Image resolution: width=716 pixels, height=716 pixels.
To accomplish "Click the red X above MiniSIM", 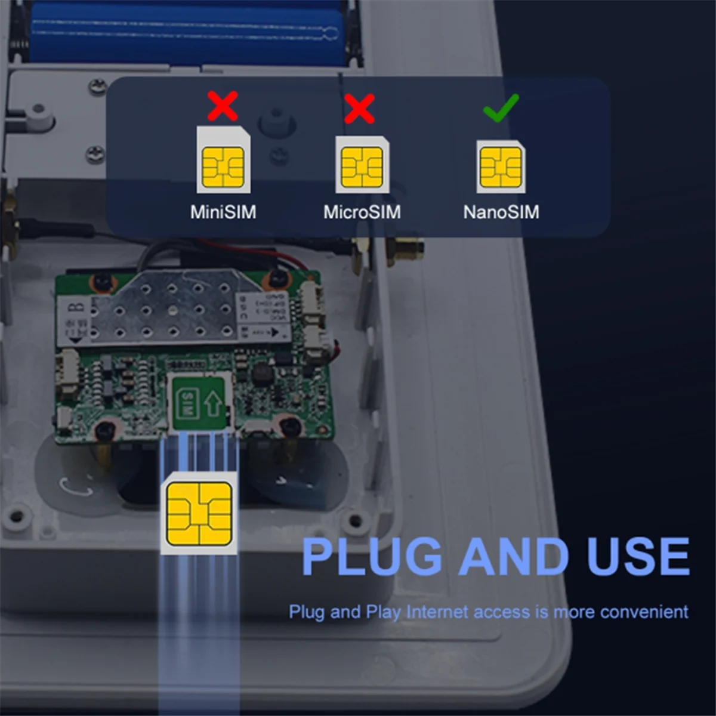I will [x=223, y=106].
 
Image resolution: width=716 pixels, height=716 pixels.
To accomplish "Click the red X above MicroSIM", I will [x=359, y=108].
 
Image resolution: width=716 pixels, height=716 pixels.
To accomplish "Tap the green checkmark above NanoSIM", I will [x=501, y=108].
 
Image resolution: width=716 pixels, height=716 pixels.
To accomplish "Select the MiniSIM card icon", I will [x=223, y=160].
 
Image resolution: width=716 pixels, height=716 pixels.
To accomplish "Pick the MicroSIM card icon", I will [x=362, y=164].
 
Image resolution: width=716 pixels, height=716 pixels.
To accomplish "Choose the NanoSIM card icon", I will [x=501, y=166].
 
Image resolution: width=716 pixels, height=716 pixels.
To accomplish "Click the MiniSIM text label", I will [x=223, y=212].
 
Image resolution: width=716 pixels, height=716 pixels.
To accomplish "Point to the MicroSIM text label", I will [x=362, y=212].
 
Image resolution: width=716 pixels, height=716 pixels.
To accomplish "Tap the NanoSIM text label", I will [x=501, y=212].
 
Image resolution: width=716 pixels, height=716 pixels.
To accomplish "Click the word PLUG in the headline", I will [x=371, y=557].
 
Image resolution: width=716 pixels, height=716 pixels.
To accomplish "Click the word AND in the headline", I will [x=514, y=557].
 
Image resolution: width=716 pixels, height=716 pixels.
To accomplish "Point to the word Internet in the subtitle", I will [x=437, y=612].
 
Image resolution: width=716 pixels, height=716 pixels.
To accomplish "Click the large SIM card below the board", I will [x=199, y=513].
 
